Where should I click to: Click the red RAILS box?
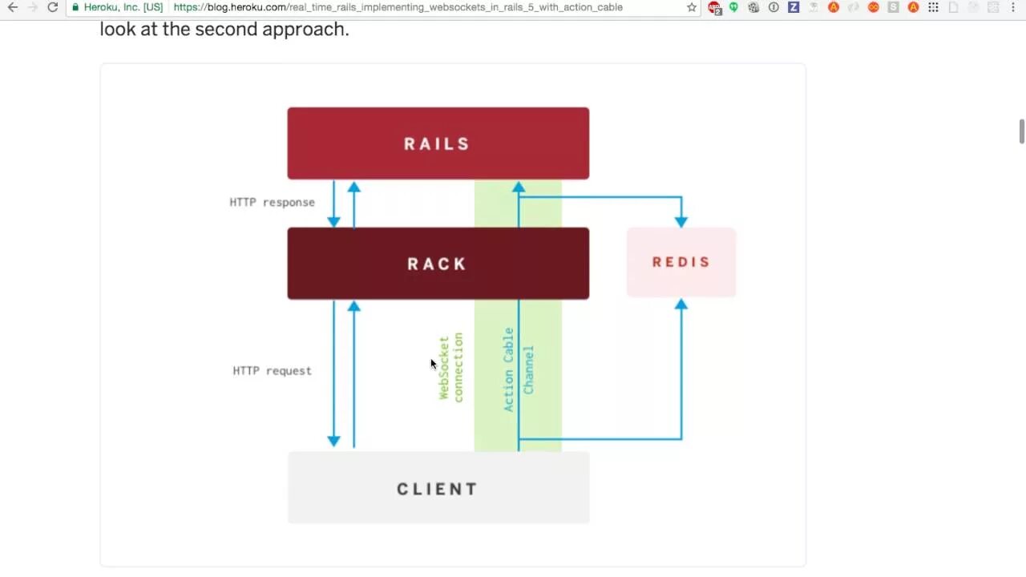point(438,143)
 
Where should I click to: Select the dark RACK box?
point(438,264)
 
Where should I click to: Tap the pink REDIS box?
point(681,262)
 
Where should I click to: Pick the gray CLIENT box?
point(438,488)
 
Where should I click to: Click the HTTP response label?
point(272,202)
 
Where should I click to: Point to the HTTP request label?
point(272,370)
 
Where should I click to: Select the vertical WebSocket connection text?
point(450,367)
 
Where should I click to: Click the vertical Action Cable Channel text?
point(518,369)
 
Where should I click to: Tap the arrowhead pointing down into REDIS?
point(681,220)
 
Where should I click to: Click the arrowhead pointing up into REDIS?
point(681,305)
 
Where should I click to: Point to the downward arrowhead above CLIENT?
point(334,440)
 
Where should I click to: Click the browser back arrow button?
point(13,7)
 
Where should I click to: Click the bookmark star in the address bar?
point(692,7)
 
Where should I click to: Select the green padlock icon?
point(75,7)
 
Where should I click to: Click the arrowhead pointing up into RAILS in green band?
point(519,188)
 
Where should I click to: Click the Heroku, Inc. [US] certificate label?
point(123,7)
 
